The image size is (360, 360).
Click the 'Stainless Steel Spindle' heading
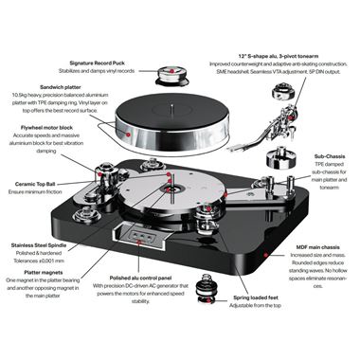(x=40, y=243)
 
